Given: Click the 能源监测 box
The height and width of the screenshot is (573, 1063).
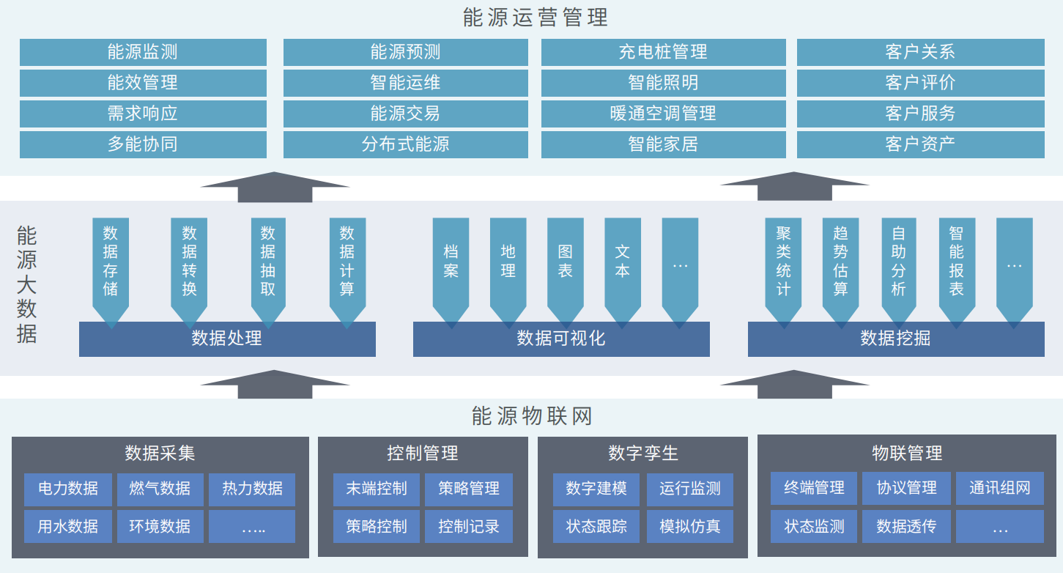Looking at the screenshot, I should [143, 52].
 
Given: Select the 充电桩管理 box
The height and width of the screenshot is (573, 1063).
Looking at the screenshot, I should [663, 52].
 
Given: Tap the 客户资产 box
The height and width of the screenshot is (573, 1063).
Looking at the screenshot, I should [920, 144].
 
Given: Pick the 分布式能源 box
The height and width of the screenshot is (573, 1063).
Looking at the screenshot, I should [405, 144].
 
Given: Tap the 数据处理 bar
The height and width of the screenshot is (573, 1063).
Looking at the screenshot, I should [227, 339].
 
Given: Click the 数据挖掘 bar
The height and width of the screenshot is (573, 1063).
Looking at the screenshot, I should [895, 339].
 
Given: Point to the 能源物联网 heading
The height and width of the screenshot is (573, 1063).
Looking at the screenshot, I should [532, 417].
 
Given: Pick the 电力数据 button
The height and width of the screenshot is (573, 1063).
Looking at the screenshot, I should [68, 489].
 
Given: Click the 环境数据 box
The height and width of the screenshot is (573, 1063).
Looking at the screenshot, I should [160, 526].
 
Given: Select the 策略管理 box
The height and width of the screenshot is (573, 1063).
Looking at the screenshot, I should [469, 489].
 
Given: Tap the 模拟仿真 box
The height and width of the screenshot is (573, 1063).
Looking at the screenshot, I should [689, 526].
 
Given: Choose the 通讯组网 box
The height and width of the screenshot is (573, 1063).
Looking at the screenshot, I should [999, 488].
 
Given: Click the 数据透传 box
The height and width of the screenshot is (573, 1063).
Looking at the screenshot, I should [906, 526].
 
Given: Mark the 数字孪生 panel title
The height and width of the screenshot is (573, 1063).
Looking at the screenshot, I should [642, 454].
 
